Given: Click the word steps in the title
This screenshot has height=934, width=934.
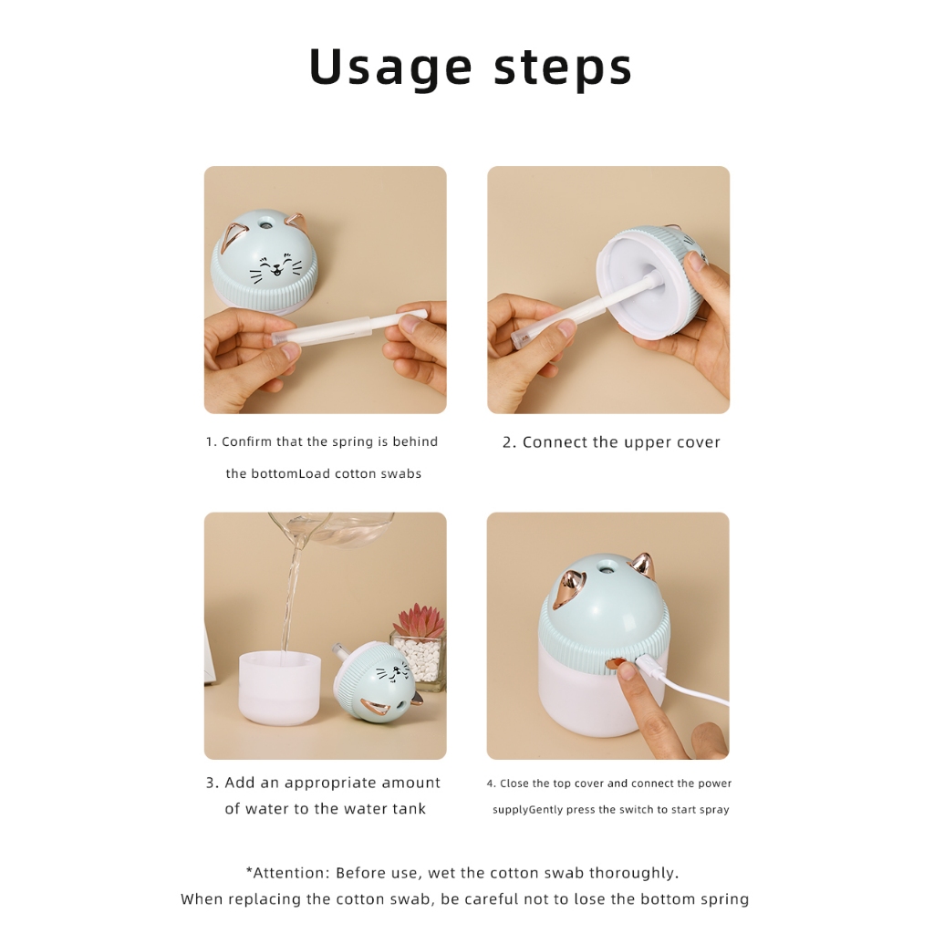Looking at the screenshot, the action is click(x=562, y=67).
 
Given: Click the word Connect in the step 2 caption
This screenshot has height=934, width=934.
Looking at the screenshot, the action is click(x=550, y=442).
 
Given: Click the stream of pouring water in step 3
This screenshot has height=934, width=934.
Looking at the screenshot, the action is click(x=292, y=596).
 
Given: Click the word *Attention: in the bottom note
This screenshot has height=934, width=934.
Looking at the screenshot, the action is click(x=287, y=873).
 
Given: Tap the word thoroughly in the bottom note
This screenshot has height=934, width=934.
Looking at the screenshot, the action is click(x=634, y=874).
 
